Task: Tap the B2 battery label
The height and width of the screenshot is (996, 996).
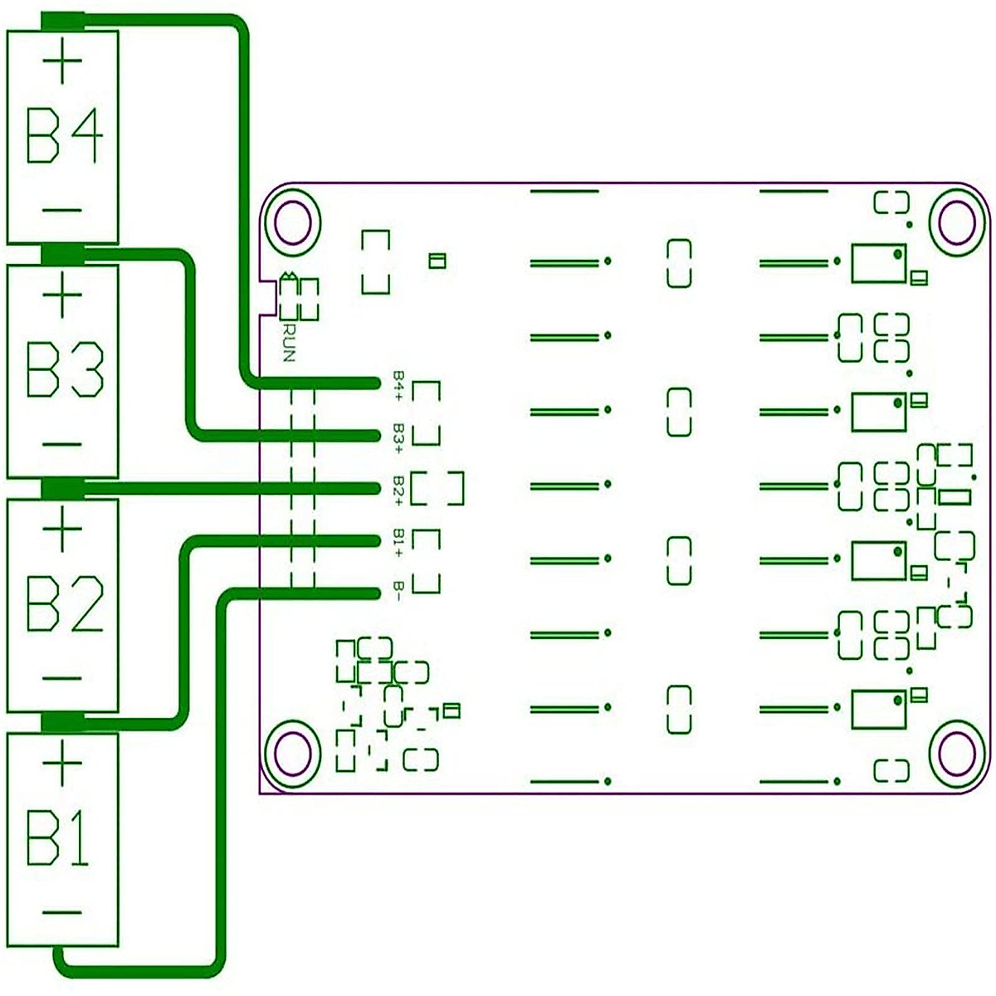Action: coord(64,603)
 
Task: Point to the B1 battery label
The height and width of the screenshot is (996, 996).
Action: coord(58,838)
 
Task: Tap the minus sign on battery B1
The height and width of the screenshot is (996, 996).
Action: coord(62,913)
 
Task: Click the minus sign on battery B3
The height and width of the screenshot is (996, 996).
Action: coord(62,445)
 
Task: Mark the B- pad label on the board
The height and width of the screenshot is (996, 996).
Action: coord(399,592)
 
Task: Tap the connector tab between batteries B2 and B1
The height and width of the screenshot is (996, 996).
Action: coord(62,722)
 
